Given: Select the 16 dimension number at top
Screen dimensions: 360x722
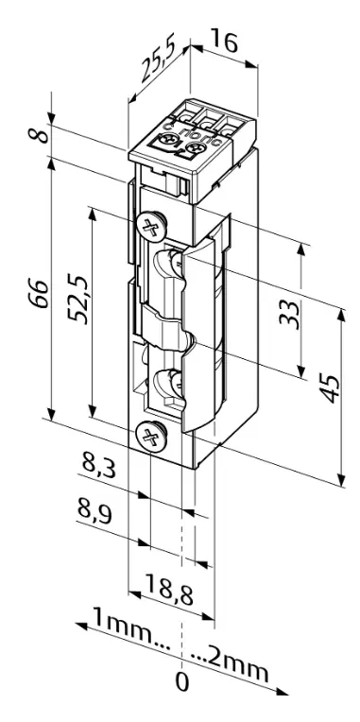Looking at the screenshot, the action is coord(224,41).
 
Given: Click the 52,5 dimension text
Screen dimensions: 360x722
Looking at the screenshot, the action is coord(77,300).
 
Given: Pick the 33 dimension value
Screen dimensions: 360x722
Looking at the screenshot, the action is coord(289,314).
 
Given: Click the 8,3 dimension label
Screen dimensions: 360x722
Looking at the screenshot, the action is coord(99,461).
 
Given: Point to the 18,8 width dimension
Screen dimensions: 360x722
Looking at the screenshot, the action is coord(169,586).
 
